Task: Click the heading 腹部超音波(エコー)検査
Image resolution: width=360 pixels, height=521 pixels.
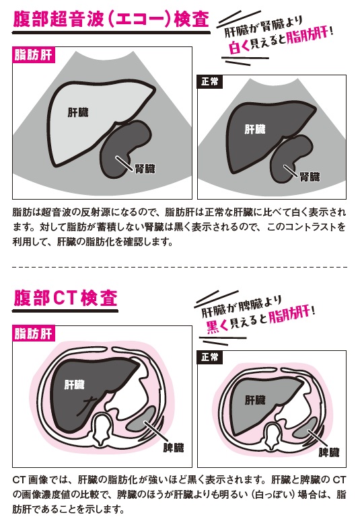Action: [111, 19]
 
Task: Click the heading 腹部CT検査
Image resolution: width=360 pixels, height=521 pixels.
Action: [65, 298]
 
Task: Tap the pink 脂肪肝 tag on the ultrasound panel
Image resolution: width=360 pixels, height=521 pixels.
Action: [33, 55]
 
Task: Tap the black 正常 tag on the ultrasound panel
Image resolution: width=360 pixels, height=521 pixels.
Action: [210, 81]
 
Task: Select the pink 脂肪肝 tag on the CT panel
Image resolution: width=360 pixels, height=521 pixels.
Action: [33, 333]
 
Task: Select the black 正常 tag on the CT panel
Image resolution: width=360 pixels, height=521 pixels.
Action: [210, 357]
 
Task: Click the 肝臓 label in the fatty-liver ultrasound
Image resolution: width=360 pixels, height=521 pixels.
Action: [78, 112]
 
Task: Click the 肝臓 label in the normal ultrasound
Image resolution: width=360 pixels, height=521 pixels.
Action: [255, 129]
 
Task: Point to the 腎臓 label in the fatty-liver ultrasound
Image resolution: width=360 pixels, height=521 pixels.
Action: [145, 169]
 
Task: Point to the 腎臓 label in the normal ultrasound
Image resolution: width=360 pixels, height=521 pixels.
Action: [310, 177]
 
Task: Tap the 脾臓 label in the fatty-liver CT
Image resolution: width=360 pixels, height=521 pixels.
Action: [174, 448]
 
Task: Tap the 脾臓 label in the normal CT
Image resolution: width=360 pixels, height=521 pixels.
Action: [329, 452]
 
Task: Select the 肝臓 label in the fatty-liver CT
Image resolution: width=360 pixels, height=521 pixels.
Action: [75, 385]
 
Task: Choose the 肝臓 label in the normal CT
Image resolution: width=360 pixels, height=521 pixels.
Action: [255, 400]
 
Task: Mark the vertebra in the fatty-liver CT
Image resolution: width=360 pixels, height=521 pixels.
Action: [103, 428]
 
